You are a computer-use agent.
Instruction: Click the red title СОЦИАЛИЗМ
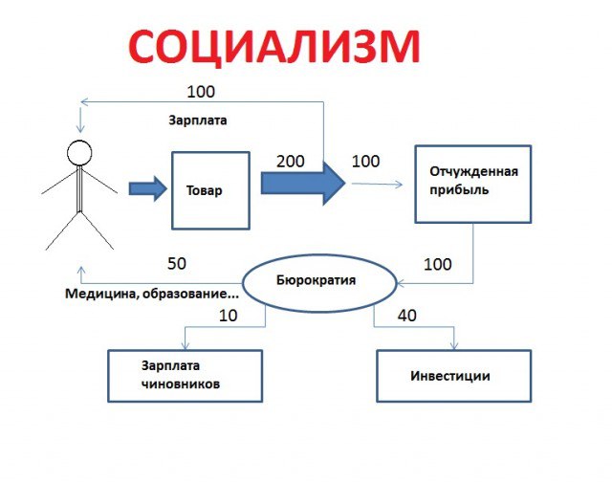tap(273, 47)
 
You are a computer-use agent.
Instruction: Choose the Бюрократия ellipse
tap(317, 281)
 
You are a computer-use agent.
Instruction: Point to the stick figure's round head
tap(79, 153)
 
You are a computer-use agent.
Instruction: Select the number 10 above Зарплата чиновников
tap(228, 315)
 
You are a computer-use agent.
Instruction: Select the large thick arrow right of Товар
tap(302, 184)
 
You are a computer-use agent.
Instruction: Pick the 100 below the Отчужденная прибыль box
tap(437, 264)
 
